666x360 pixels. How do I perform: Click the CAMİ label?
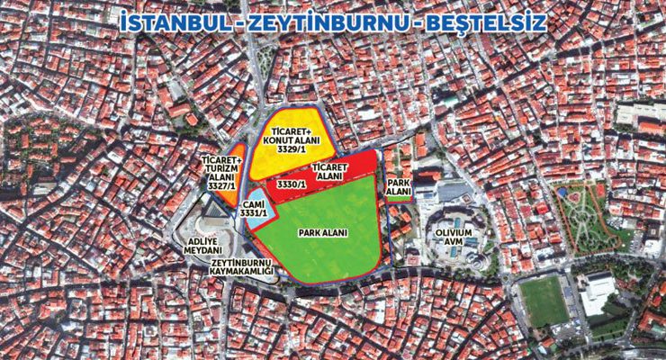pos(254,204)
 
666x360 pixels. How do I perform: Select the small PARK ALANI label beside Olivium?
pos(399,187)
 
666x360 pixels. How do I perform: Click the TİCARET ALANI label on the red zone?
pos(329,172)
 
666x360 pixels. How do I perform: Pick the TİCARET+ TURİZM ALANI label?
pos(215,172)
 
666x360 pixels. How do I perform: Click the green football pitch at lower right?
pos(543,300)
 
